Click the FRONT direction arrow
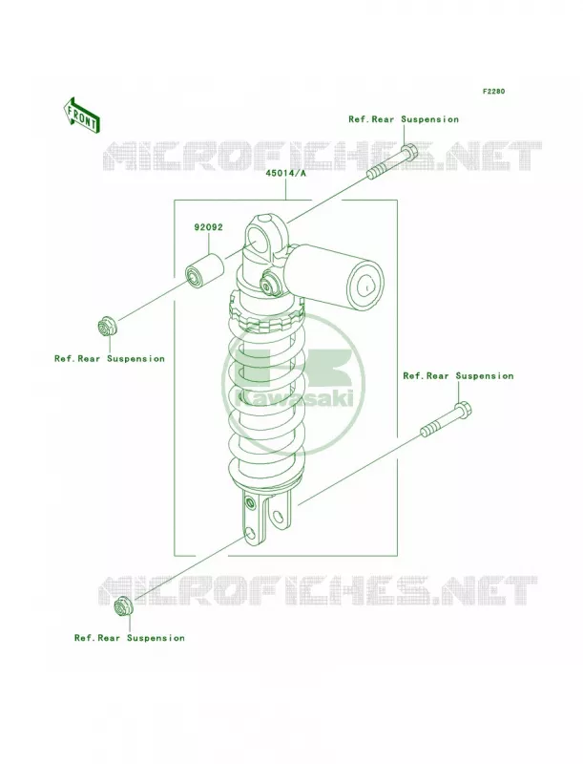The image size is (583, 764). [x=81, y=115]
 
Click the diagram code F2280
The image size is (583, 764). [x=493, y=91]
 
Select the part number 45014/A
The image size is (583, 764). [x=285, y=173]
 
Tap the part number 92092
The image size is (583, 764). [x=208, y=227]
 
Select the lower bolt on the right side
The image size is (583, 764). [x=446, y=419]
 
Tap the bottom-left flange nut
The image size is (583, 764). [x=123, y=607]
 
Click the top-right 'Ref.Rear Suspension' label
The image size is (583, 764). [x=404, y=119]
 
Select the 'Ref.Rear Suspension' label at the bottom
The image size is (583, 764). [x=130, y=638]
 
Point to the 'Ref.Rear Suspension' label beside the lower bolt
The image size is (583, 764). [x=458, y=375]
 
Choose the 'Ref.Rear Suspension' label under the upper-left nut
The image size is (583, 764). [x=110, y=359]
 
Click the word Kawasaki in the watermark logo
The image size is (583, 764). [x=295, y=399]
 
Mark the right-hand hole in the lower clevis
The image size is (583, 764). [x=279, y=518]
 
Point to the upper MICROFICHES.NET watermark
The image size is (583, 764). [x=323, y=157]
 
